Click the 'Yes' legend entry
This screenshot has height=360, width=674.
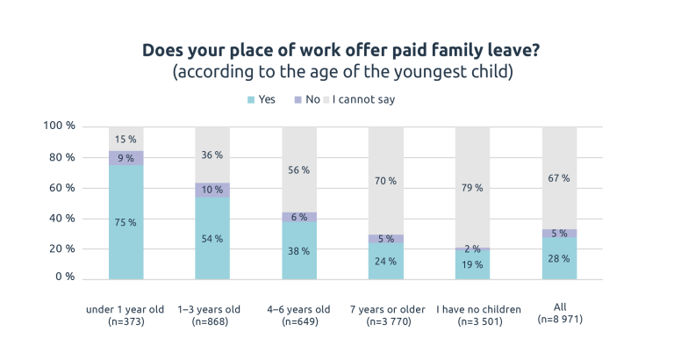pyautogui.click(x=261, y=99)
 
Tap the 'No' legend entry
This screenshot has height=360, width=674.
pyautogui.click(x=306, y=99)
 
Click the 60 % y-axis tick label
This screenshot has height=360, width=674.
pyautogui.click(x=62, y=188)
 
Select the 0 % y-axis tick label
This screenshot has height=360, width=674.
pyautogui.click(x=66, y=277)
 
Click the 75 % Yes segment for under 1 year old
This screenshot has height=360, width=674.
pyautogui.click(x=125, y=222)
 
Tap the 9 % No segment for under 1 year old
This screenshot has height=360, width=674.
pyautogui.click(x=125, y=158)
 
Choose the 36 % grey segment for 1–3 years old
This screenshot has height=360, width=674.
pyautogui.click(x=212, y=155)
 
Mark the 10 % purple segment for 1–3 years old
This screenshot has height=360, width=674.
pyautogui.click(x=212, y=190)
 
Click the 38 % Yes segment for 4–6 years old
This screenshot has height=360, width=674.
pyautogui.click(x=299, y=250)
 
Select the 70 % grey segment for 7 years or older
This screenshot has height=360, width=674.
pyautogui.click(x=386, y=181)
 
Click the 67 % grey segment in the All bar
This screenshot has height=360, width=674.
pyautogui.click(x=559, y=178)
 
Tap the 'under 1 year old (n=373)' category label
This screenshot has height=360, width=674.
pyautogui.click(x=125, y=315)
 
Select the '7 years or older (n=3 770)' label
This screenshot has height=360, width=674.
pyautogui.click(x=386, y=315)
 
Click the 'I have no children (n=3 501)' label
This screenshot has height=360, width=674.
pyautogui.click(x=473, y=315)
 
